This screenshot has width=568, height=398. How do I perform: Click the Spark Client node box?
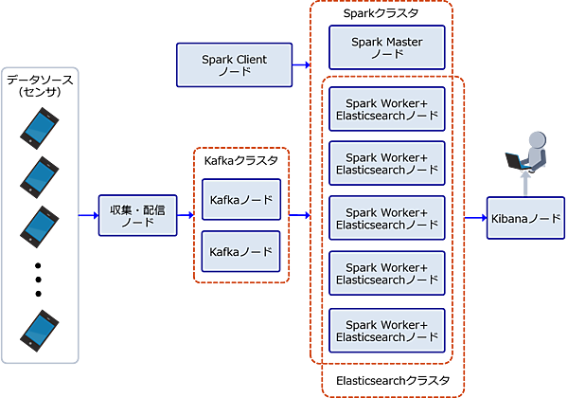tap(235, 65)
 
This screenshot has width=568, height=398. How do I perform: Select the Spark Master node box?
tap(386, 48)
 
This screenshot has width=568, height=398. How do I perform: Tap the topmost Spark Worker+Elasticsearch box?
tap(386, 108)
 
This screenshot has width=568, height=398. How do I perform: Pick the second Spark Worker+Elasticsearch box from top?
tap(386, 164)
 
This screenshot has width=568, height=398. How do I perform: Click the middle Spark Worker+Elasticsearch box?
tap(386, 219)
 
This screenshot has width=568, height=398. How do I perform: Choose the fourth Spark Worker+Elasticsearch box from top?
tap(386, 274)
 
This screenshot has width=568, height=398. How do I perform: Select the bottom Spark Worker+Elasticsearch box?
tap(386, 330)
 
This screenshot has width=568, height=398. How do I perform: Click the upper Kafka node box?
tap(241, 200)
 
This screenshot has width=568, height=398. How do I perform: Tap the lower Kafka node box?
tap(241, 253)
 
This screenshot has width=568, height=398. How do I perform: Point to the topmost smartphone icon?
tap(40, 126)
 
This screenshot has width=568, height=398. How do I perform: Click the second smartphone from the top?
tap(40, 177)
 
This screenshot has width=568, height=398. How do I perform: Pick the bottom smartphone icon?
tap(40, 329)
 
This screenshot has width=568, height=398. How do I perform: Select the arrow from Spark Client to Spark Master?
tap(303, 65)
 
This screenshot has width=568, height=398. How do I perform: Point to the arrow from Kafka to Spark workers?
tap(300, 215)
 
